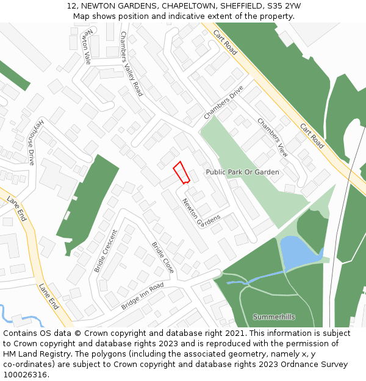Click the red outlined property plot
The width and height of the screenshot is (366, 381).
[181, 173]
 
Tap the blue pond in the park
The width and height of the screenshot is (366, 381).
[298, 253]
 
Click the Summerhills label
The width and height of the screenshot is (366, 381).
[274, 317]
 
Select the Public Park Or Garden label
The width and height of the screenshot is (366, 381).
[242, 173]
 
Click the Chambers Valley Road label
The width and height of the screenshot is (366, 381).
[131, 63]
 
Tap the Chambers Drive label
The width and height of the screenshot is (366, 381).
[223, 102]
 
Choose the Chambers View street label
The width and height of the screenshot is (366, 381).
[272, 137]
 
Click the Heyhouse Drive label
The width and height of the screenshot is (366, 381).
[34, 141]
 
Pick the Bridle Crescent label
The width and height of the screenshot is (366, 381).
[106, 251]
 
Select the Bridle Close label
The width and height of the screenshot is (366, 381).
[163, 257]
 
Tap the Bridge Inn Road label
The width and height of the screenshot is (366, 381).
[143, 296]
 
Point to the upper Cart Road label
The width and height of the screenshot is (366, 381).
[225, 41]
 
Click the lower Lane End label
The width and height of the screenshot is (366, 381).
[49, 296]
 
